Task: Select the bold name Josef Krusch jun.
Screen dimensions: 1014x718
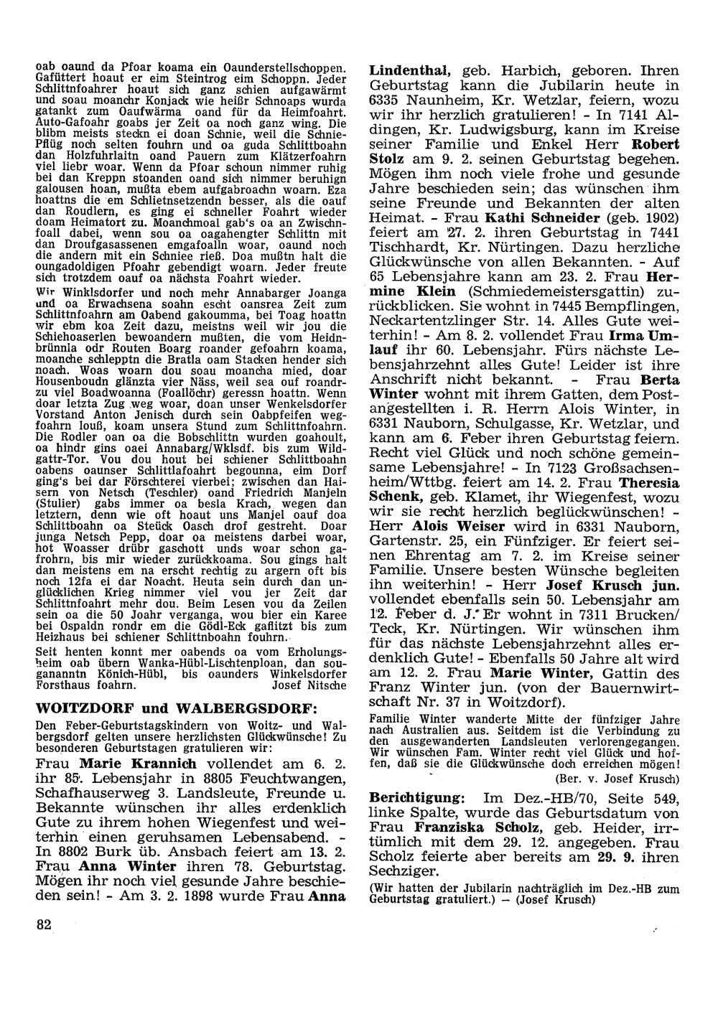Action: (x=621, y=584)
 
